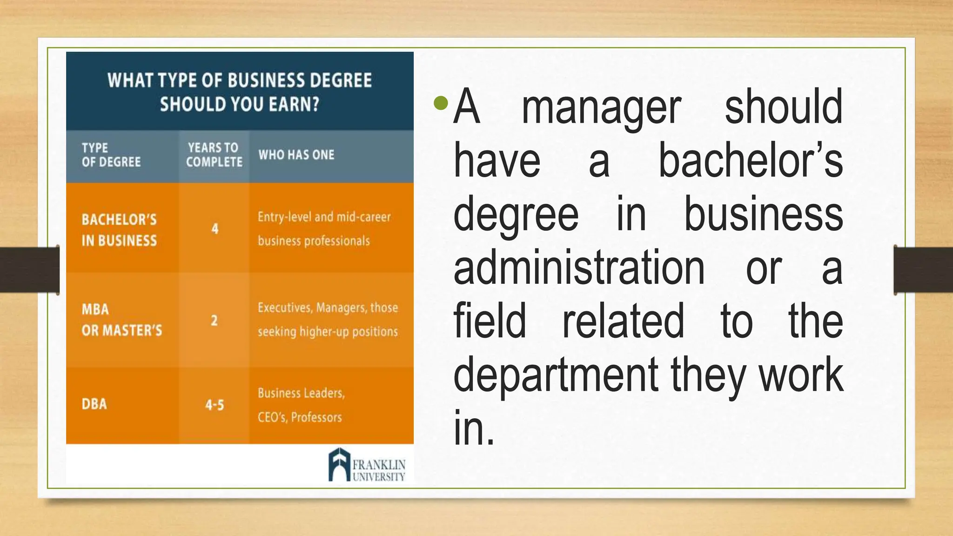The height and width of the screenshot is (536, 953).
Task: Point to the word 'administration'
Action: point(579,268)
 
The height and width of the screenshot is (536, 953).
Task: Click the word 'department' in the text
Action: point(556,375)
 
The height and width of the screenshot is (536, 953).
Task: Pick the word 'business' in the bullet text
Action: point(763,214)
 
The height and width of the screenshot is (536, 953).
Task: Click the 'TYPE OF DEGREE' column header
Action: point(111,155)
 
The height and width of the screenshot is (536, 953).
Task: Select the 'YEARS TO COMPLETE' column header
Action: point(214,155)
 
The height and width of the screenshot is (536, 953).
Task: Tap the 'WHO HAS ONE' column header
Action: point(296,155)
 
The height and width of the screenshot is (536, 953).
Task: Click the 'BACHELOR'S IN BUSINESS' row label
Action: point(119,230)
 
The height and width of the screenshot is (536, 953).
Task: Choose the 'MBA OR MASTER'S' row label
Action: point(121,320)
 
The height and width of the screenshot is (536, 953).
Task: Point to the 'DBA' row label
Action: point(94,404)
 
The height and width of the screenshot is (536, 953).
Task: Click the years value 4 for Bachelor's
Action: point(215,228)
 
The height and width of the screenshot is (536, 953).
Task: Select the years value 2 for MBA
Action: point(214,320)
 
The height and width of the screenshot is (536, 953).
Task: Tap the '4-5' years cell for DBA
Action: point(215,405)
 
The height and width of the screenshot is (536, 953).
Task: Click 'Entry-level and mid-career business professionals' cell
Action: point(324,229)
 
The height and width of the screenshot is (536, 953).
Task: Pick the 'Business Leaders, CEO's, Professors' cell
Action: point(301,405)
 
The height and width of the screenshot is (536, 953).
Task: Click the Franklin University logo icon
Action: point(339,464)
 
